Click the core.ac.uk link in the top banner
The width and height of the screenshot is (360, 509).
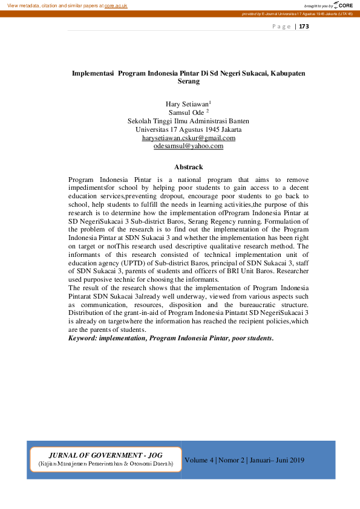[116, 5]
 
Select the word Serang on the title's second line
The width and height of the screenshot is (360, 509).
[188, 81]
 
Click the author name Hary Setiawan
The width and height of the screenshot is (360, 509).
[187, 105]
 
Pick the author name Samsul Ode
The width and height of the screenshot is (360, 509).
[186, 112]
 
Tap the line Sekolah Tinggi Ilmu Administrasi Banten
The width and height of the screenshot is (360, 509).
[188, 121]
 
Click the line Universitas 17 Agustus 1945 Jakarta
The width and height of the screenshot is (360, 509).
[188, 129]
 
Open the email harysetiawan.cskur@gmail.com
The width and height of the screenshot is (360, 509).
[188, 138]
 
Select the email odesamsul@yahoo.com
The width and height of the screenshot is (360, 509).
[188, 146]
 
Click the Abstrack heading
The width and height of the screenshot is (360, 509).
[188, 167]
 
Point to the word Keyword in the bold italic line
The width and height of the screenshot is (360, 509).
[83, 339]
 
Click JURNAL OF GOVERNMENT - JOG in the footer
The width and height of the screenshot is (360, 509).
[104, 455]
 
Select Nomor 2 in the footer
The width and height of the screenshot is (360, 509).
[232, 461]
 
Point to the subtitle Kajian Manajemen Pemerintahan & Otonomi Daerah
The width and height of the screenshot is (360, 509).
[105, 464]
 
